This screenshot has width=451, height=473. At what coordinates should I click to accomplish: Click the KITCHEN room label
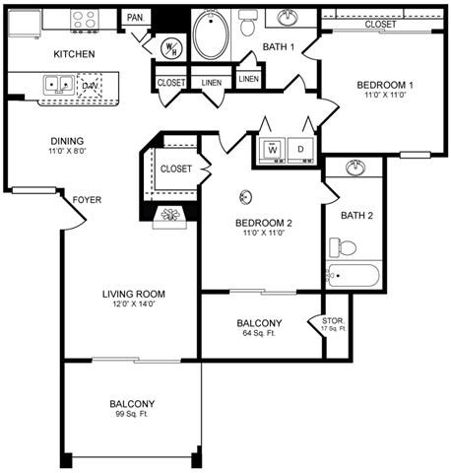click(x=73, y=53)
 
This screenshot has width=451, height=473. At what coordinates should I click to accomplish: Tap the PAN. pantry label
click(x=135, y=18)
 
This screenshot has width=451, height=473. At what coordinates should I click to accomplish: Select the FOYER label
click(x=87, y=200)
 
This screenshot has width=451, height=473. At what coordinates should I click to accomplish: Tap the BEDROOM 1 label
click(x=384, y=86)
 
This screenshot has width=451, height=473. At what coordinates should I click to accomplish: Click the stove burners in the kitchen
click(x=84, y=19)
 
